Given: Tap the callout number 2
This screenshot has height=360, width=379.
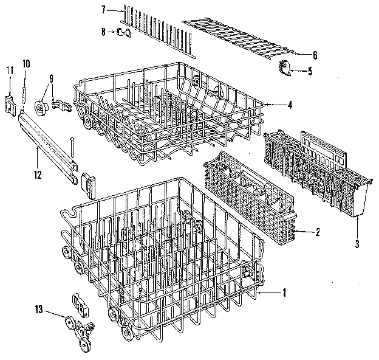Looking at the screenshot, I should (317, 232).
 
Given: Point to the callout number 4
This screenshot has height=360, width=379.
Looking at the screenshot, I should (290, 105).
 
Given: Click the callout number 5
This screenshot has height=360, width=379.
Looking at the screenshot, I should (310, 71).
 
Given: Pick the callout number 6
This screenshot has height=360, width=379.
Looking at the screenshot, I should (314, 55).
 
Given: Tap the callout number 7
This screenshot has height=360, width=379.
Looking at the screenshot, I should (104, 9).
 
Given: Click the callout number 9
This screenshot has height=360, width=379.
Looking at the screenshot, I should (51, 78).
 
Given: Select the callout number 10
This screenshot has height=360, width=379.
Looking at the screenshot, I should (26, 63).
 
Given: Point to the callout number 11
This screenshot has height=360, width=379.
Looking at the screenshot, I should (9, 70).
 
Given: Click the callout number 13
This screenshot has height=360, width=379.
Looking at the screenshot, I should (39, 310).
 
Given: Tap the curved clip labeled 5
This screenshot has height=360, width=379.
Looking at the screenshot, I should (285, 68).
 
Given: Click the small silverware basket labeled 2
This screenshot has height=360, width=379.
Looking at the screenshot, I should (249, 195).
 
